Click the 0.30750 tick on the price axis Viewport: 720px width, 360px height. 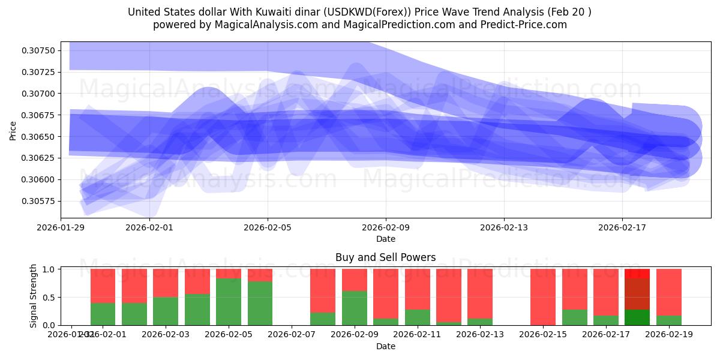coord(37,50)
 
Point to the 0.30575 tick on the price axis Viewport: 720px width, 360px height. coord(37,201)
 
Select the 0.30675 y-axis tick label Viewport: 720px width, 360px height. coord(37,115)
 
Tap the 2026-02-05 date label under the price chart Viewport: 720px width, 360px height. coord(268,227)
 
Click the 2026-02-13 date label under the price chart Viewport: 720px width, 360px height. coord(504,227)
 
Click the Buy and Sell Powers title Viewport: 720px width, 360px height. coord(385,257)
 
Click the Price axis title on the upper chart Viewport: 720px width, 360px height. coord(13,130)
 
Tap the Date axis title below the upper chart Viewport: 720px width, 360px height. coord(385,239)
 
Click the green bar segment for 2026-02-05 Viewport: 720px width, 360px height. coord(229,302)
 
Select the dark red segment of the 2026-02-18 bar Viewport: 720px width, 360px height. coord(637,293)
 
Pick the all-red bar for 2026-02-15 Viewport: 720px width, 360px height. coord(543,297)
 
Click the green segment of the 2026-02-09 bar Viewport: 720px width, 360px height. coord(354,308)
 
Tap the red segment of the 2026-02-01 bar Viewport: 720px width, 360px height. coord(103,286)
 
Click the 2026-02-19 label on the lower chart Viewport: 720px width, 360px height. coord(668,334)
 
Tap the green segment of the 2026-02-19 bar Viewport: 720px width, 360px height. coord(668,320)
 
